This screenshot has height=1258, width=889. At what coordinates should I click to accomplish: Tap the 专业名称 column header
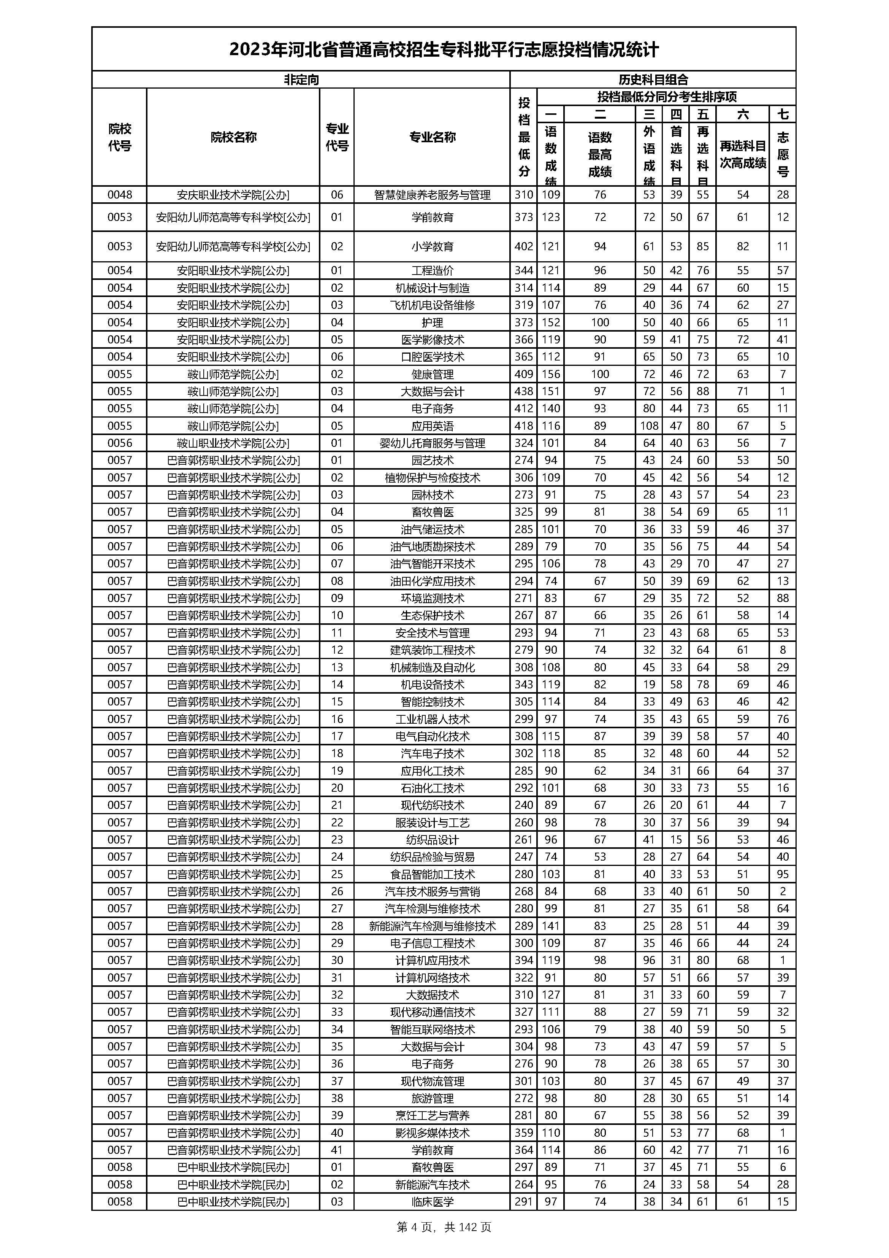(x=432, y=137)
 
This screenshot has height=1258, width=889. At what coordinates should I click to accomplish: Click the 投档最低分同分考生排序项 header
(x=666, y=97)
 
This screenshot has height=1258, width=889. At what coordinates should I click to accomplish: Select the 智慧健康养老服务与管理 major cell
(x=432, y=194)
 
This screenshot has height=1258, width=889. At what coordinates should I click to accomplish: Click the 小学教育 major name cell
(x=432, y=246)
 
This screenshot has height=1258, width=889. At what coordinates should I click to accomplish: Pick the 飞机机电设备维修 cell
(x=432, y=305)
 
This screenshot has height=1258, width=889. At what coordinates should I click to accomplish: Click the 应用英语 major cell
(x=432, y=426)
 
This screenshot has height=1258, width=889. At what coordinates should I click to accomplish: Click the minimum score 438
(x=524, y=391)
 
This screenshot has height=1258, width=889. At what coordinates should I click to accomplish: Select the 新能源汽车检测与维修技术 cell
(x=432, y=926)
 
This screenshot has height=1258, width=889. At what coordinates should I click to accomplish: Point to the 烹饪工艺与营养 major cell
(x=432, y=1115)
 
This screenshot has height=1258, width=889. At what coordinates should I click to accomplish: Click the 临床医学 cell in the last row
(x=432, y=1202)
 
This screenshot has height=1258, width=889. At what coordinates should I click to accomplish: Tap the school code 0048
(x=119, y=194)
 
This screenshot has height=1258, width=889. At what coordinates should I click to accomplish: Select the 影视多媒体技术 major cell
(x=432, y=1133)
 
